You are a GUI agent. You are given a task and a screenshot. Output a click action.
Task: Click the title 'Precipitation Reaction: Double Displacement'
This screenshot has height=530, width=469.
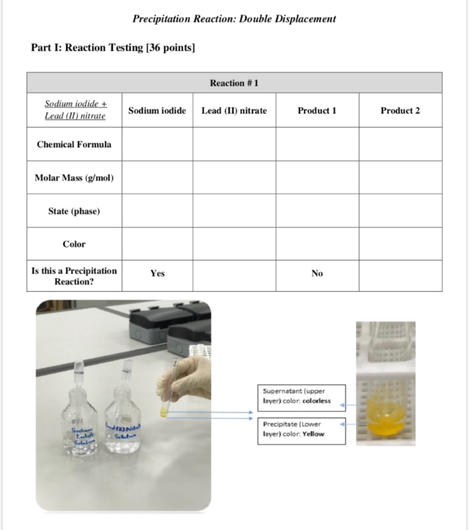tap(234, 19)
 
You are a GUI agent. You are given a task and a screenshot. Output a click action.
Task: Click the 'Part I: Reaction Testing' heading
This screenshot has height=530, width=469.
tap(113, 48)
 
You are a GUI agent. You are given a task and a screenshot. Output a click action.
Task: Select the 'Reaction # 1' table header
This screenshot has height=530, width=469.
tap(234, 83)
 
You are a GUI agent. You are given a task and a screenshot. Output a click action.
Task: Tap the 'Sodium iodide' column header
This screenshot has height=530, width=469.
tap(157, 110)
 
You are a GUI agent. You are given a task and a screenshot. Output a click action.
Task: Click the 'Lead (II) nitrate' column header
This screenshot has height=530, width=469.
tap(234, 110)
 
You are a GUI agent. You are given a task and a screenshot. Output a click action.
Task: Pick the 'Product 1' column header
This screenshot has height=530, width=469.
tap(317, 110)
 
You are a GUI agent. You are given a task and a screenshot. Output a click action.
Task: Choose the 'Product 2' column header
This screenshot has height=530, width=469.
tap(400, 110)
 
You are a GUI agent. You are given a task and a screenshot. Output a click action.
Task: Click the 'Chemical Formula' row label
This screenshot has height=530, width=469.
tap(74, 144)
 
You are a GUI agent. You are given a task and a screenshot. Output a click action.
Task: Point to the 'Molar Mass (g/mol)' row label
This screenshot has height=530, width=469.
tap(74, 178)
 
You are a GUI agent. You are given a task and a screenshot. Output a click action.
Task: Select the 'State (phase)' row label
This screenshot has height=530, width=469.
tap(74, 211)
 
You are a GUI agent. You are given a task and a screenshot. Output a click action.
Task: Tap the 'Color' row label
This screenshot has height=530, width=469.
tap(74, 244)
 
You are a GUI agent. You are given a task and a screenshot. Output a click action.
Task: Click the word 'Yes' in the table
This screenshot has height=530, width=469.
tap(157, 273)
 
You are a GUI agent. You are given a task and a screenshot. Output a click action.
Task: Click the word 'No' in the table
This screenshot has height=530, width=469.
tap(317, 273)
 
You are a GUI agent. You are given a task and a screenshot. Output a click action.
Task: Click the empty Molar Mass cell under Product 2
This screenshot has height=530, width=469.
tap(400, 178)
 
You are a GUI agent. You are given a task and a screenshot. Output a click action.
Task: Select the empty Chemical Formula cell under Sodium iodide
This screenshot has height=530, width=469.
tap(157, 144)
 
